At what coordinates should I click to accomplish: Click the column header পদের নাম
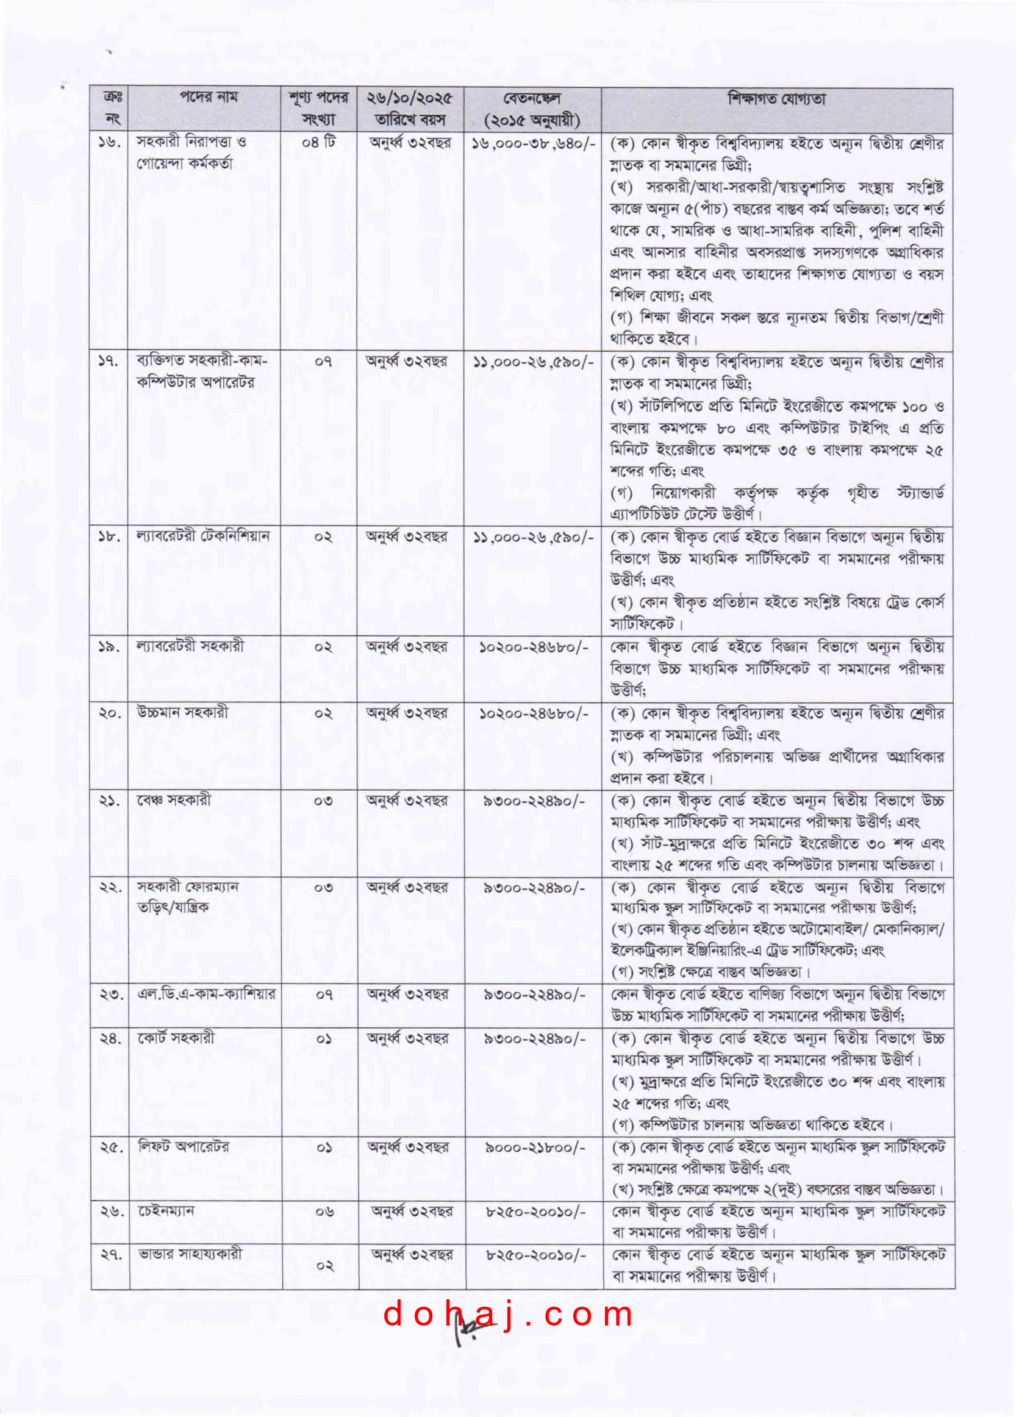coord(209,98)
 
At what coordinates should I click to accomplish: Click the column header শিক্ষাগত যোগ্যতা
coord(776,99)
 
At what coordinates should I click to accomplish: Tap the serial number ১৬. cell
coord(109,143)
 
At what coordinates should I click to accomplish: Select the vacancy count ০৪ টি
coord(319,143)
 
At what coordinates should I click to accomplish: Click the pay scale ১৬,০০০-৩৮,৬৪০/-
coord(533,144)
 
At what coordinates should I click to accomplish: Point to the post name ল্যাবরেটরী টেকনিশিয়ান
coord(203,536)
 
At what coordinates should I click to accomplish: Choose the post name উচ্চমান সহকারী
coord(182,712)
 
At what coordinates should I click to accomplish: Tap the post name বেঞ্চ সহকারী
coord(174,800)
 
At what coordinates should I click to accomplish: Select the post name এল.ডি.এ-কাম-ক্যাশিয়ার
coord(206,993)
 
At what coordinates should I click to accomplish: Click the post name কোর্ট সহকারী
coord(176,1038)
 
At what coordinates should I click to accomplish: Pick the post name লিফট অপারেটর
coord(184,1146)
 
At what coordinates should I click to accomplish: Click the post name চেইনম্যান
coord(166,1211)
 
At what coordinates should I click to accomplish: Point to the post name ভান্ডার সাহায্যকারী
coord(190,1254)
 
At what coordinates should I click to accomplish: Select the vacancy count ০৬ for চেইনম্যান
coord(324,1212)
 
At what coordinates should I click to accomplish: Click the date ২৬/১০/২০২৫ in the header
coord(410,99)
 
